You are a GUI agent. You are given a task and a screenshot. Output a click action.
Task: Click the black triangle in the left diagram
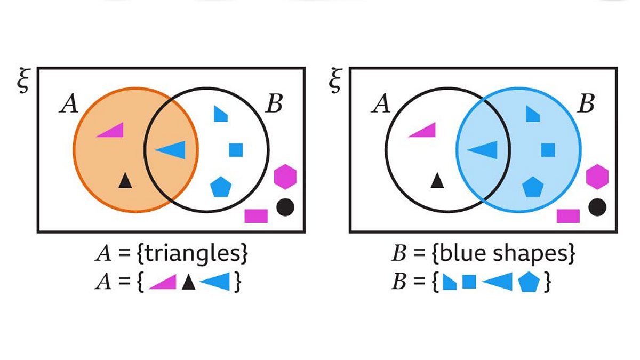click(x=125, y=181)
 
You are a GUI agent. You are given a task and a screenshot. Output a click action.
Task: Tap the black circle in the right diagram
click(x=597, y=207)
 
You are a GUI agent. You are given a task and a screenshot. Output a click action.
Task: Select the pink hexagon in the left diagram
click(x=285, y=177)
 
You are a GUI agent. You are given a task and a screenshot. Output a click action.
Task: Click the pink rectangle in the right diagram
click(x=568, y=215)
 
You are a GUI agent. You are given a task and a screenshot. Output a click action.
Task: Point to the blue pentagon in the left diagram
click(x=221, y=187)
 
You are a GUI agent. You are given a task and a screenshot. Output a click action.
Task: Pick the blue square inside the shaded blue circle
click(x=548, y=150)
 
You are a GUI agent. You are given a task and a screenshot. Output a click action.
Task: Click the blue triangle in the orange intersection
click(x=173, y=150)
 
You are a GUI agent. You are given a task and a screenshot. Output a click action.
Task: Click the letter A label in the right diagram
click(x=381, y=105)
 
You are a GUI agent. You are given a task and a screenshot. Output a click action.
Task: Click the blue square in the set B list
click(x=469, y=282)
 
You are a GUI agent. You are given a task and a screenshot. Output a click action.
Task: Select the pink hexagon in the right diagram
click(x=597, y=177)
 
